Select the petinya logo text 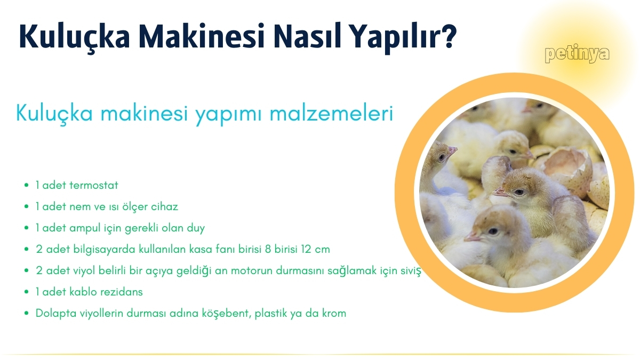click(x=577, y=54)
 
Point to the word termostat click(x=94, y=186)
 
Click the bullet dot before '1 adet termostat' click(x=27, y=186)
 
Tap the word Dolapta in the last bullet click(x=52, y=314)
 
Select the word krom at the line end click(x=334, y=314)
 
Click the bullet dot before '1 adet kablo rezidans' click(x=27, y=293)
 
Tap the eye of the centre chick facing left click(x=518, y=192)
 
